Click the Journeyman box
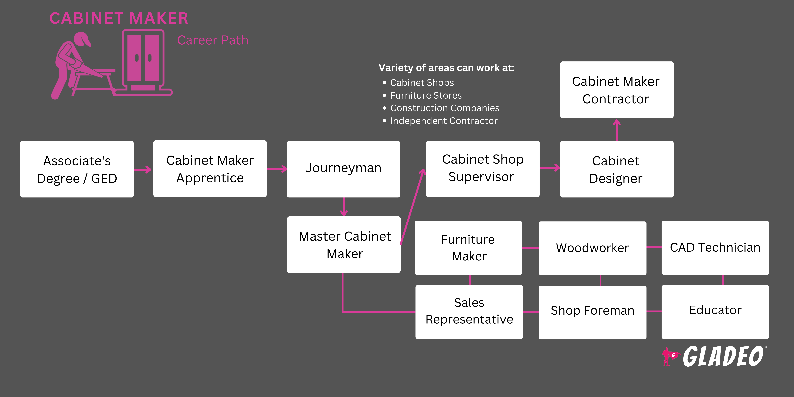[x=343, y=169]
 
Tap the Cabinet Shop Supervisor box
[x=483, y=169]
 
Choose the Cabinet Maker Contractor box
[x=616, y=90]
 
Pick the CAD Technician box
[x=715, y=248]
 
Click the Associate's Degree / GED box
[x=77, y=169]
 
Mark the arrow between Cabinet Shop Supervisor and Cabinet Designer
[x=550, y=168]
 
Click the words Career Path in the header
[x=213, y=40]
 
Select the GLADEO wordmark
[x=723, y=357]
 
